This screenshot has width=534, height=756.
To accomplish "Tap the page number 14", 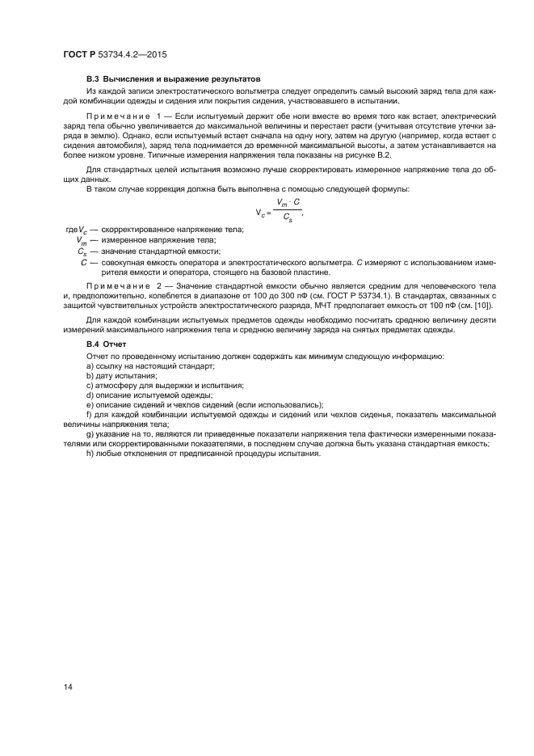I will point(69,686).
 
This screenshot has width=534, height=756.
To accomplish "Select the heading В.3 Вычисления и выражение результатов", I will point(173,79).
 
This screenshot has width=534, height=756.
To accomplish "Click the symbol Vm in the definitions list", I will point(82,240).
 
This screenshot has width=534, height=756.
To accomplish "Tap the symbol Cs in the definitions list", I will point(82,251).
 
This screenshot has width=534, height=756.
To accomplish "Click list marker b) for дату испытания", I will point(90,377).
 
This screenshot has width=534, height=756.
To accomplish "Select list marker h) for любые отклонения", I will point(90,452).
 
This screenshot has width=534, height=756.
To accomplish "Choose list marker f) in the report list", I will point(89,414).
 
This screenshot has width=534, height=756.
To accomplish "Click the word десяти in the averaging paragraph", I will point(480,320).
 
